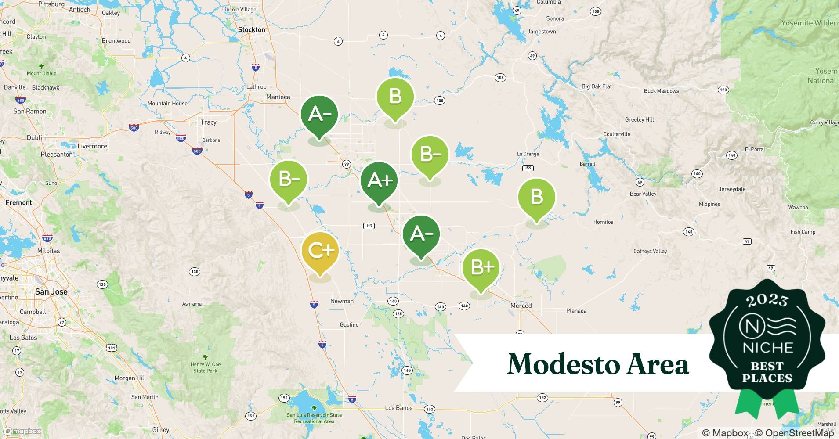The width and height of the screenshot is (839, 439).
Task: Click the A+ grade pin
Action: pos(379,181)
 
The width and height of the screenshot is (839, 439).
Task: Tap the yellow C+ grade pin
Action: pos(320,252)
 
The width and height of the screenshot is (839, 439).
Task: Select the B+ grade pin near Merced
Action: pos(481,267)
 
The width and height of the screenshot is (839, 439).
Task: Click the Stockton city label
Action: pos(251,30)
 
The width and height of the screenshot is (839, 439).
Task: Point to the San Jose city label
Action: pos(51,292)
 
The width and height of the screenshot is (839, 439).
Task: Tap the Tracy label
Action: pos(208,122)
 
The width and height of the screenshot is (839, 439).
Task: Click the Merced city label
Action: pos(521,306)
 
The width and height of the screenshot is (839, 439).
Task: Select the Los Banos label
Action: pos(398,408)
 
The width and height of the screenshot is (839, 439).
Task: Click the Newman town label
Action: pos(342,301)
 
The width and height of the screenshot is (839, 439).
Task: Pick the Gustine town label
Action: pos(349,325)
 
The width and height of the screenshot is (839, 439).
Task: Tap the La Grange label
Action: pos(528,154)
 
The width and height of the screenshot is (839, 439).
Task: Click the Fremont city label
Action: pos(18,203)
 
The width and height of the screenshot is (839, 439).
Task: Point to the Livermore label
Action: pos(92,146)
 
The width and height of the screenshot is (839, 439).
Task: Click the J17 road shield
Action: pos(369,226)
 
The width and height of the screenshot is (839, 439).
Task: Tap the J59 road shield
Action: pos(528,168)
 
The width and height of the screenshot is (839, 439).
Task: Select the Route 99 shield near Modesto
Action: pos(347,164)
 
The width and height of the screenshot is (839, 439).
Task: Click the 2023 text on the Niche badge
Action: pos(767,300)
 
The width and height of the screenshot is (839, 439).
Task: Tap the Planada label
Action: pos(576,311)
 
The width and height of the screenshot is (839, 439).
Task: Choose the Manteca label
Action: pos(278,97)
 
